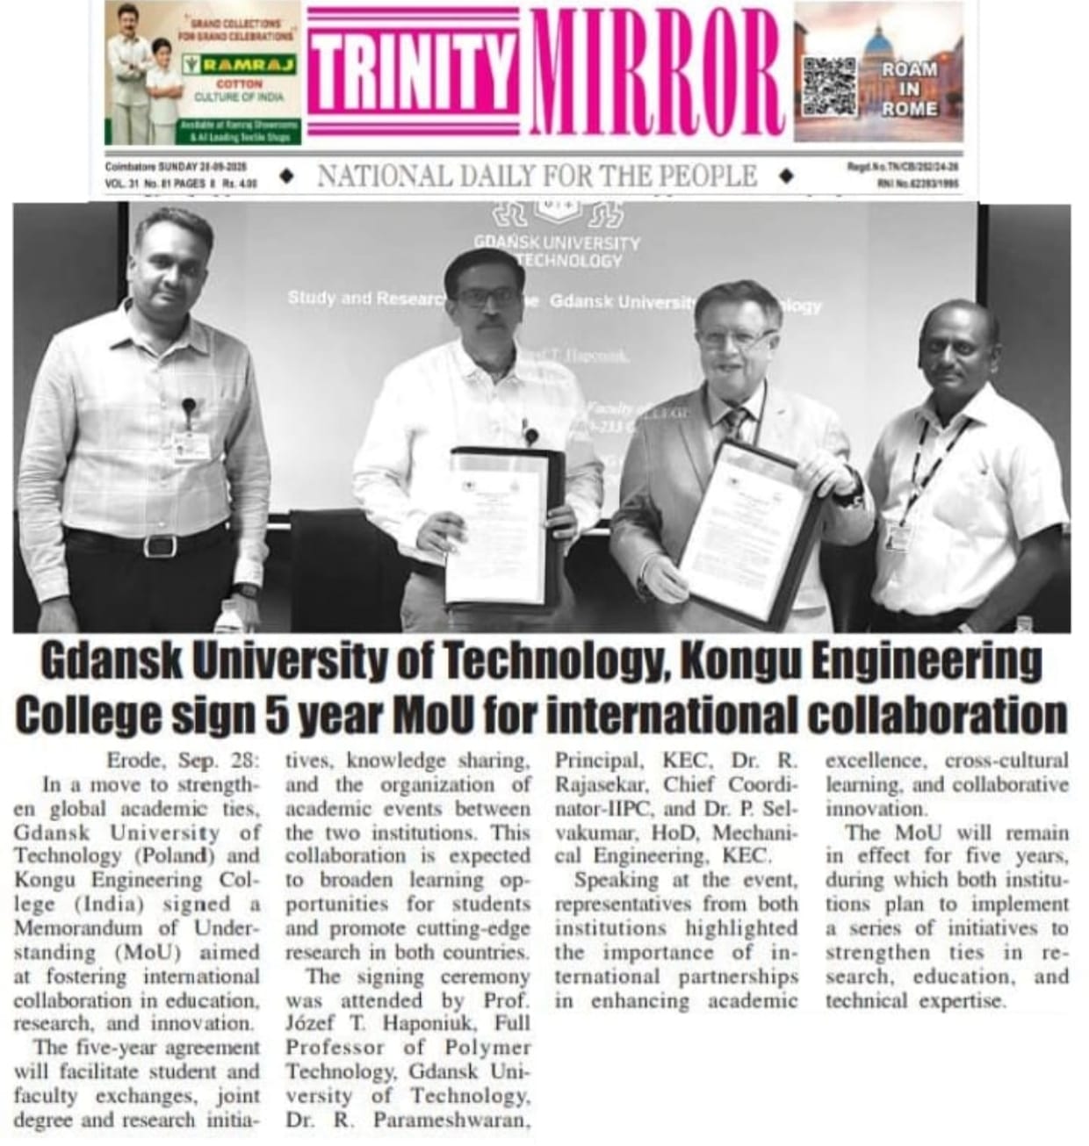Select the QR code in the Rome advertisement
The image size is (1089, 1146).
pyautogui.click(x=830, y=85)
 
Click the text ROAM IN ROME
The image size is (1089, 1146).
pyautogui.click(x=910, y=89)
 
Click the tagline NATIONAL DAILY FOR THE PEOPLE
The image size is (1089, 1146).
pyautogui.click(x=537, y=177)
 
